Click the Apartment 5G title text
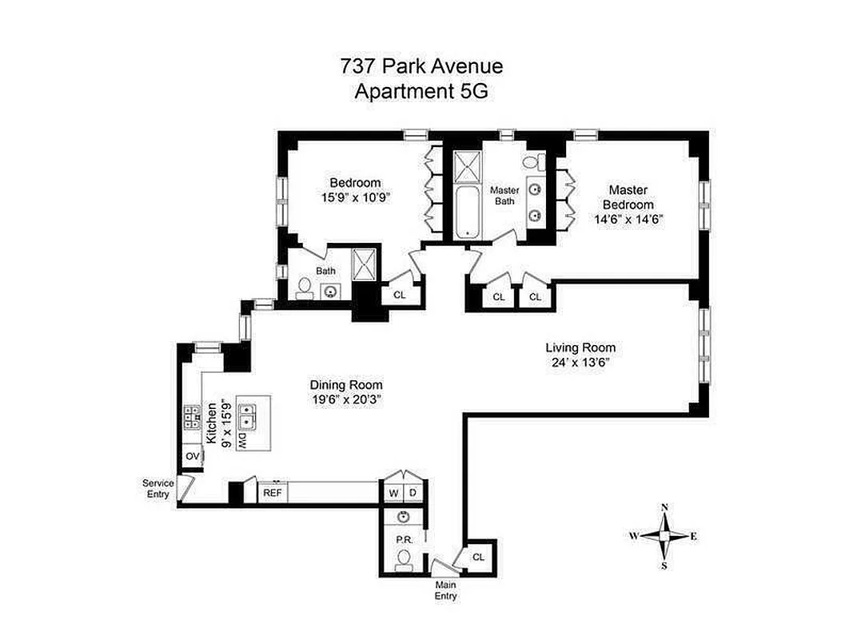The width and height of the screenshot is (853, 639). (421, 91)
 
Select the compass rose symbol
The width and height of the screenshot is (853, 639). (664, 536)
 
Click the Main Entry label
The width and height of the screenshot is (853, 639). (445, 590)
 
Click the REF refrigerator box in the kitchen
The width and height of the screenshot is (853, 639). (272, 493)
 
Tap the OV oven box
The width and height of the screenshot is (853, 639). (192, 456)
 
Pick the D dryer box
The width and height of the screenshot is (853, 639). (413, 493)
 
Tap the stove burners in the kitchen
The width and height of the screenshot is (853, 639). (192, 417)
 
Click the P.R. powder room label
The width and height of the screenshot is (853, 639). (404, 539)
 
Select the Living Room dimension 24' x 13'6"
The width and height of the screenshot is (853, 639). (580, 362)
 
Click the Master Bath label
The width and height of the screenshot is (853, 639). (504, 196)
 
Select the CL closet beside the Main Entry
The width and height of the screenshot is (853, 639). (478, 556)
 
